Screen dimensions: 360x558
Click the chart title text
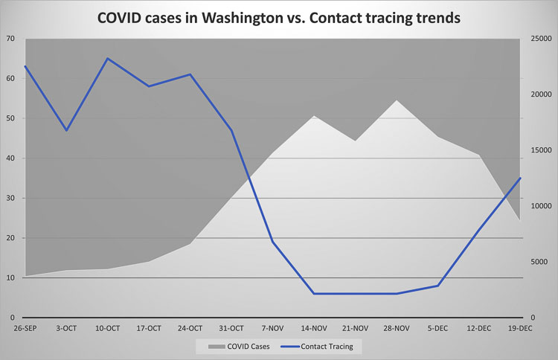pos(279,16)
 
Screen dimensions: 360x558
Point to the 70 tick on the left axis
pos(10,38)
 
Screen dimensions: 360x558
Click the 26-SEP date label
pos(25,328)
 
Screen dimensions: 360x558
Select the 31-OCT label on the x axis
pos(231,328)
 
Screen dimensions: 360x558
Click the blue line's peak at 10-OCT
pos(108,58)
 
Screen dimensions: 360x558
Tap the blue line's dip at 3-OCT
pos(67,130)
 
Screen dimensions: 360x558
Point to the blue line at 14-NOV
pos(314,294)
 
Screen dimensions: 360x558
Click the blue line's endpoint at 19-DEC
pos(520,178)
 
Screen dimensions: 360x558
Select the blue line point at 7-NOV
pos(272,242)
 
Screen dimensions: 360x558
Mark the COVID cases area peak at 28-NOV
pos(397,100)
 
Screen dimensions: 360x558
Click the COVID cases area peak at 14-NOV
pos(314,115)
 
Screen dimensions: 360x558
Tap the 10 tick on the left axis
pos(10,278)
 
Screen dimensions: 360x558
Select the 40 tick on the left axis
pos(10,158)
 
